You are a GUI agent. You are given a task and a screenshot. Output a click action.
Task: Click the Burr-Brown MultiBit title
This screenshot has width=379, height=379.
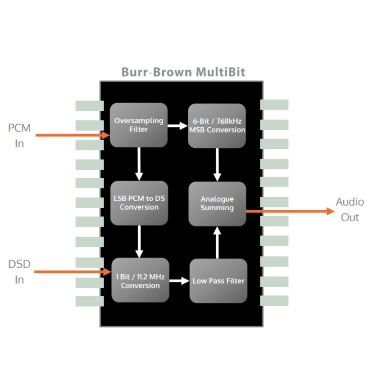183,72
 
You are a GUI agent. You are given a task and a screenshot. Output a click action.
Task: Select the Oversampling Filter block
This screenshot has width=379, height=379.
139,125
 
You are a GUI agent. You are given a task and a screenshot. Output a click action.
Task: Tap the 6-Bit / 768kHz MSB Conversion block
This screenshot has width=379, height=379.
217,126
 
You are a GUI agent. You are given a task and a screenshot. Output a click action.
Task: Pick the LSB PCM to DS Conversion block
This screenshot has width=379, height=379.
139,203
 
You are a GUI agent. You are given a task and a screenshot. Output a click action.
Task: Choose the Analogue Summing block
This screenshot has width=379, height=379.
217,204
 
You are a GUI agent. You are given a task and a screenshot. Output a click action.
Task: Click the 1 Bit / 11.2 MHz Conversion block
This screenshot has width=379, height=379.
140,281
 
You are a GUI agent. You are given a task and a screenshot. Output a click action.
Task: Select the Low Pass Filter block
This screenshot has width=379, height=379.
218,281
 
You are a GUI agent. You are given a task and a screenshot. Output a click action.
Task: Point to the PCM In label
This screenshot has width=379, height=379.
19,136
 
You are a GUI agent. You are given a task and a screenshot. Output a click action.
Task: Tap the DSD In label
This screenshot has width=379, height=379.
19,272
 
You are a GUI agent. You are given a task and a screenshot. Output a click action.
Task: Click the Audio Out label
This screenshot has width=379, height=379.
349,210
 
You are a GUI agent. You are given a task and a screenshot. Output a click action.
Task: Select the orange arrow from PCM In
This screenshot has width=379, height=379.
72,135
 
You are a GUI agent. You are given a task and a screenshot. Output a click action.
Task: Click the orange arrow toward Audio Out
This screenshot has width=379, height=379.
290,211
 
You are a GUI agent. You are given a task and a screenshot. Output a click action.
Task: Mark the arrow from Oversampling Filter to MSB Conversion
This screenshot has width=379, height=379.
178,125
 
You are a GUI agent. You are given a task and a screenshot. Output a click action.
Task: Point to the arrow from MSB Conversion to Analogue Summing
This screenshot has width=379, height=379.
217,164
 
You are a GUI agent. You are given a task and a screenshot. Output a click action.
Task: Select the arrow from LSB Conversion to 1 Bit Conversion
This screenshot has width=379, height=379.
139,241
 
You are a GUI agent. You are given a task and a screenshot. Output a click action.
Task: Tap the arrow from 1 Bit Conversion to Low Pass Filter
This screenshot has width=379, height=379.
179,281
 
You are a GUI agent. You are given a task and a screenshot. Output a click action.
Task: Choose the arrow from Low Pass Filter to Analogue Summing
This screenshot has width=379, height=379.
217,243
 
